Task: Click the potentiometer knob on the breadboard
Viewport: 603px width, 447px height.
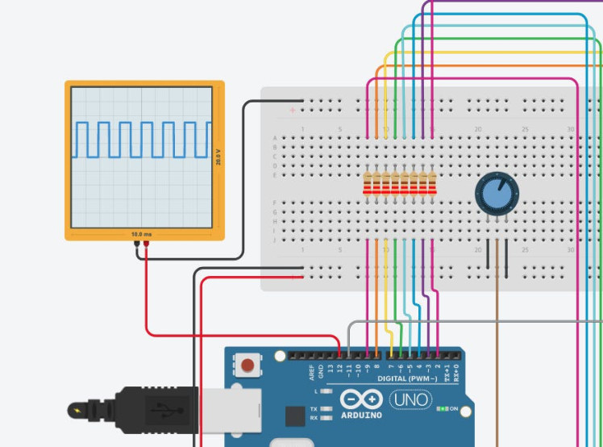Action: coord(496,194)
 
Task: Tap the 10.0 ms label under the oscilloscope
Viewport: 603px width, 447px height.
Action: coord(141,234)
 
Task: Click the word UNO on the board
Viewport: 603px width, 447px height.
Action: coord(410,399)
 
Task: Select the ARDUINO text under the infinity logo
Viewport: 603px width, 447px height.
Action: coord(361,415)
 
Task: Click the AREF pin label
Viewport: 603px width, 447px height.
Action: coord(312,372)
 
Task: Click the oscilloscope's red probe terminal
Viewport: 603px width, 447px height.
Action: coord(146,243)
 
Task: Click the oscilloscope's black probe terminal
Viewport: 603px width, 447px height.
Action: coord(137,243)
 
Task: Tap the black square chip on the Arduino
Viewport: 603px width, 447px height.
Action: coord(295,416)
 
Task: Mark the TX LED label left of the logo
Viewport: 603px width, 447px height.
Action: coord(314,408)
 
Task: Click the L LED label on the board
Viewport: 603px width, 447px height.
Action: coord(315,391)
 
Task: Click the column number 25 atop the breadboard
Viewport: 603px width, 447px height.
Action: coord(525,129)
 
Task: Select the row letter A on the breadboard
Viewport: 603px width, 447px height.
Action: coord(275,138)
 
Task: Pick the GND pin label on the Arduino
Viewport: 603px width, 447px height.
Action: coord(321,372)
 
